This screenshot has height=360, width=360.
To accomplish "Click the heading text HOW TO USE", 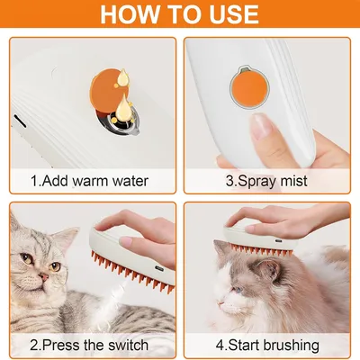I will click(x=180, y=16).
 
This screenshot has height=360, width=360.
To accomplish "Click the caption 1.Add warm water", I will click(x=90, y=180).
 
